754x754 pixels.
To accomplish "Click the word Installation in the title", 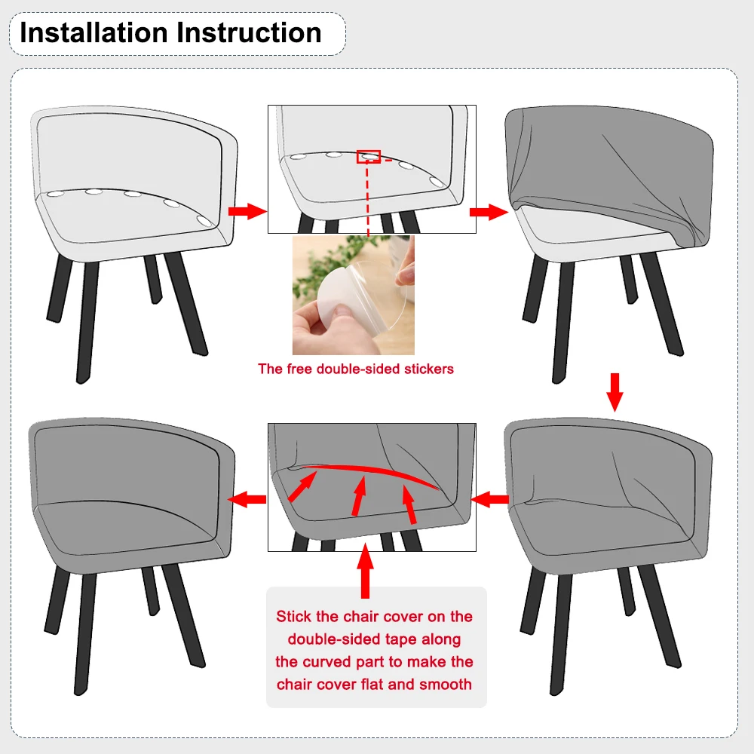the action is (93, 32).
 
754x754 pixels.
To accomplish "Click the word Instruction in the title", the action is (249, 32).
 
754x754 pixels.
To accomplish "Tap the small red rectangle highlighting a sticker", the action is (369, 156).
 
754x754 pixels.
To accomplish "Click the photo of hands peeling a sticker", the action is (354, 295).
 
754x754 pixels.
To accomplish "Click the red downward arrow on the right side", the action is (615, 392).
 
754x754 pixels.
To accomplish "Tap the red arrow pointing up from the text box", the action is (366, 571).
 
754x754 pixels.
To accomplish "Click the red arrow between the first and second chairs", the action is (247, 211).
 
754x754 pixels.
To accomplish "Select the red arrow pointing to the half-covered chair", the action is (489, 212).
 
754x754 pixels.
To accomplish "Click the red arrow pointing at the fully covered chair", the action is (247, 499).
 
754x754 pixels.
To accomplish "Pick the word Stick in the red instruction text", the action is (293, 617).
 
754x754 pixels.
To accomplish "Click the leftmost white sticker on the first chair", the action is (55, 195).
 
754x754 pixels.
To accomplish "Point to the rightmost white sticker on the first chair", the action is (204, 221).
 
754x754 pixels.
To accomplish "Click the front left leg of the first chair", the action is (87, 321).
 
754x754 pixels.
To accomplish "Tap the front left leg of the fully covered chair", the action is (85, 634).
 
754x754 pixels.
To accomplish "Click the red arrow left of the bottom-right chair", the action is (489, 499).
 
